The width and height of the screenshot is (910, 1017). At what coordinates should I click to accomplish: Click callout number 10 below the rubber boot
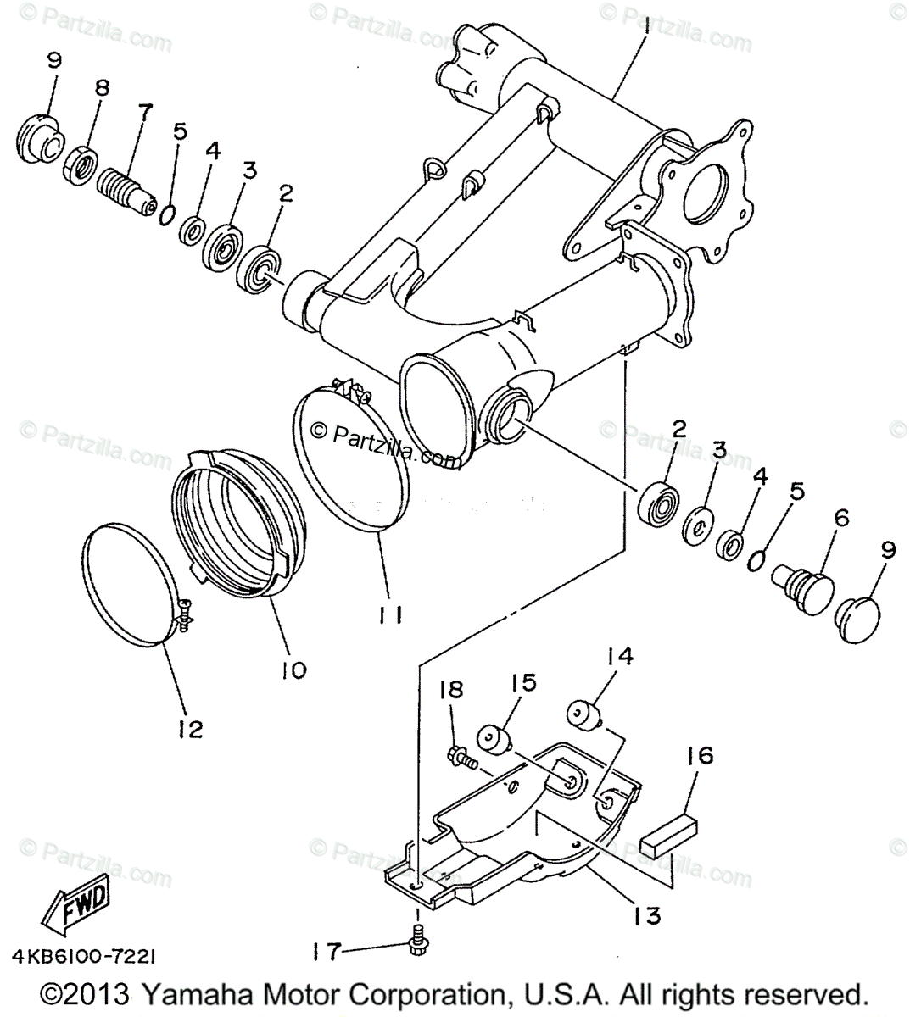pyautogui.click(x=294, y=670)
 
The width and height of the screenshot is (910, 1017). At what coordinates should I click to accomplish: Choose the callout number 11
pyautogui.click(x=390, y=614)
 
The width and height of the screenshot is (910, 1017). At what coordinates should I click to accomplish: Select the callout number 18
pyautogui.click(x=451, y=690)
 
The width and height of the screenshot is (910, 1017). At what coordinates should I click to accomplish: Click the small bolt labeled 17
pyautogui.click(x=416, y=945)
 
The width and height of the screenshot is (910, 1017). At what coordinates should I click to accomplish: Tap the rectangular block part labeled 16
pyautogui.click(x=668, y=839)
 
